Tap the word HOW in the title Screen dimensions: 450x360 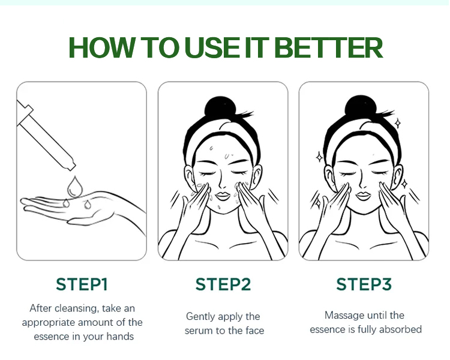tap(101, 47)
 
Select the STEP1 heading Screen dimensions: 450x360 tap(82, 284)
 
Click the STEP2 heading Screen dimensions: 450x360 tap(223, 284)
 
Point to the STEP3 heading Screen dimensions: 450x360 tap(364, 284)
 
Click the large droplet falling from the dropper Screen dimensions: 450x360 tap(75, 187)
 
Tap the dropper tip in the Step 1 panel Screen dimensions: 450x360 tap(72, 166)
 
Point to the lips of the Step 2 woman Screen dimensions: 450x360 tap(223, 196)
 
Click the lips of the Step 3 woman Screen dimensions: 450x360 tap(364, 196)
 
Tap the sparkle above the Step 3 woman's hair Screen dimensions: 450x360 tap(398, 124)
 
